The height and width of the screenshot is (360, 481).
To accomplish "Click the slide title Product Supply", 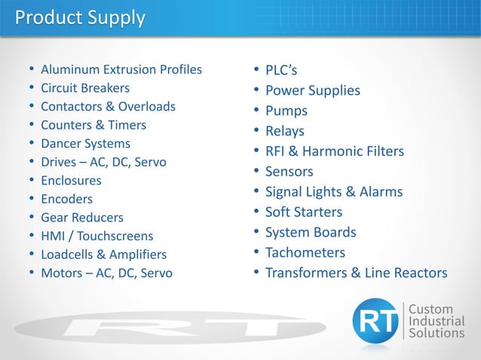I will [x=81, y=17].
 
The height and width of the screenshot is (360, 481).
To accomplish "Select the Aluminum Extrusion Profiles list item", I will [x=121, y=69].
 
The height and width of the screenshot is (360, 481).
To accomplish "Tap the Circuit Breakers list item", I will [x=85, y=88].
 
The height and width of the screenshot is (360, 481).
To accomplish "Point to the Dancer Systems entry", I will [x=85, y=143].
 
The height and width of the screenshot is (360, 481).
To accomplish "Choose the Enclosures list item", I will [x=71, y=181].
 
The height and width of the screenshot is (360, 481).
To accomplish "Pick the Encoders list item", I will [x=67, y=200].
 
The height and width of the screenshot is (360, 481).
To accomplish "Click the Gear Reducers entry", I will [x=82, y=218].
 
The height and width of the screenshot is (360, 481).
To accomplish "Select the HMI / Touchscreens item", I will [x=97, y=236].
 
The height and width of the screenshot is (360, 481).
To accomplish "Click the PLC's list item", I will [x=281, y=71].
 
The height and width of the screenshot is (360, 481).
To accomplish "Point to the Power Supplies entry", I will [x=313, y=90].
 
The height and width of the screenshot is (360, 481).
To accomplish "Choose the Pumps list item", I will [x=286, y=111].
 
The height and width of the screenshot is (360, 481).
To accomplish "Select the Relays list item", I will [x=285, y=131].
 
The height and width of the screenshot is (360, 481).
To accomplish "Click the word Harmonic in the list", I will [x=334, y=151].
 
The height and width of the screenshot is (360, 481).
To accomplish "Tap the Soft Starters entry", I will [x=304, y=212].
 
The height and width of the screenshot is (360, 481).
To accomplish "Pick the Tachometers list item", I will [x=305, y=252].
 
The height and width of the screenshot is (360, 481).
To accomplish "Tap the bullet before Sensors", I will [x=257, y=172].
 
